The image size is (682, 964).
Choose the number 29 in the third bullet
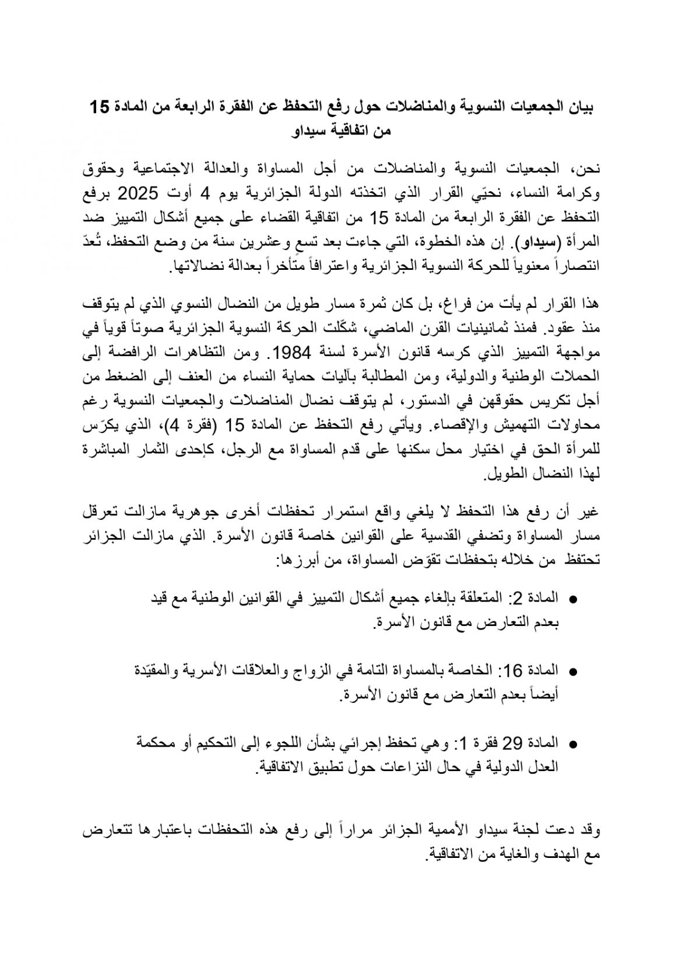point(515,744)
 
